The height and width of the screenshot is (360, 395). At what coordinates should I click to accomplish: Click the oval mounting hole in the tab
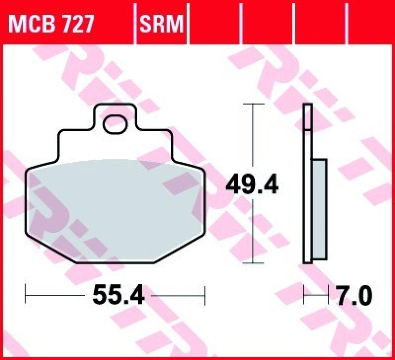115,123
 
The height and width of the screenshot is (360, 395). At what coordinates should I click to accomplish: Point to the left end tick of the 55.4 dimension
26,296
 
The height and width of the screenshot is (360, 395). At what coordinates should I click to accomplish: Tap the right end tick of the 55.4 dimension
204,296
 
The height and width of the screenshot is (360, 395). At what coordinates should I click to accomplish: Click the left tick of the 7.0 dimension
305,296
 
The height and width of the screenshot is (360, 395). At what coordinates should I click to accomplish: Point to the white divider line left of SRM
135,22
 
